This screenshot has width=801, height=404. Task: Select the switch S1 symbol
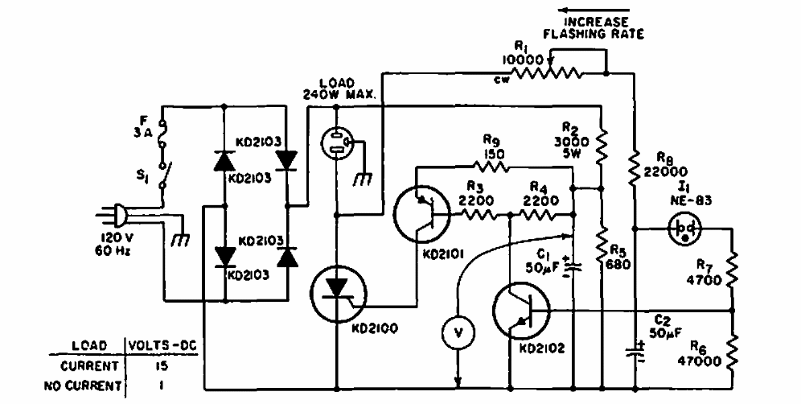click(x=163, y=175)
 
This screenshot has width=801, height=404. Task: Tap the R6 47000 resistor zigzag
click(x=733, y=352)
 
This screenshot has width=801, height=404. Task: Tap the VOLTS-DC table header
click(x=162, y=346)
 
